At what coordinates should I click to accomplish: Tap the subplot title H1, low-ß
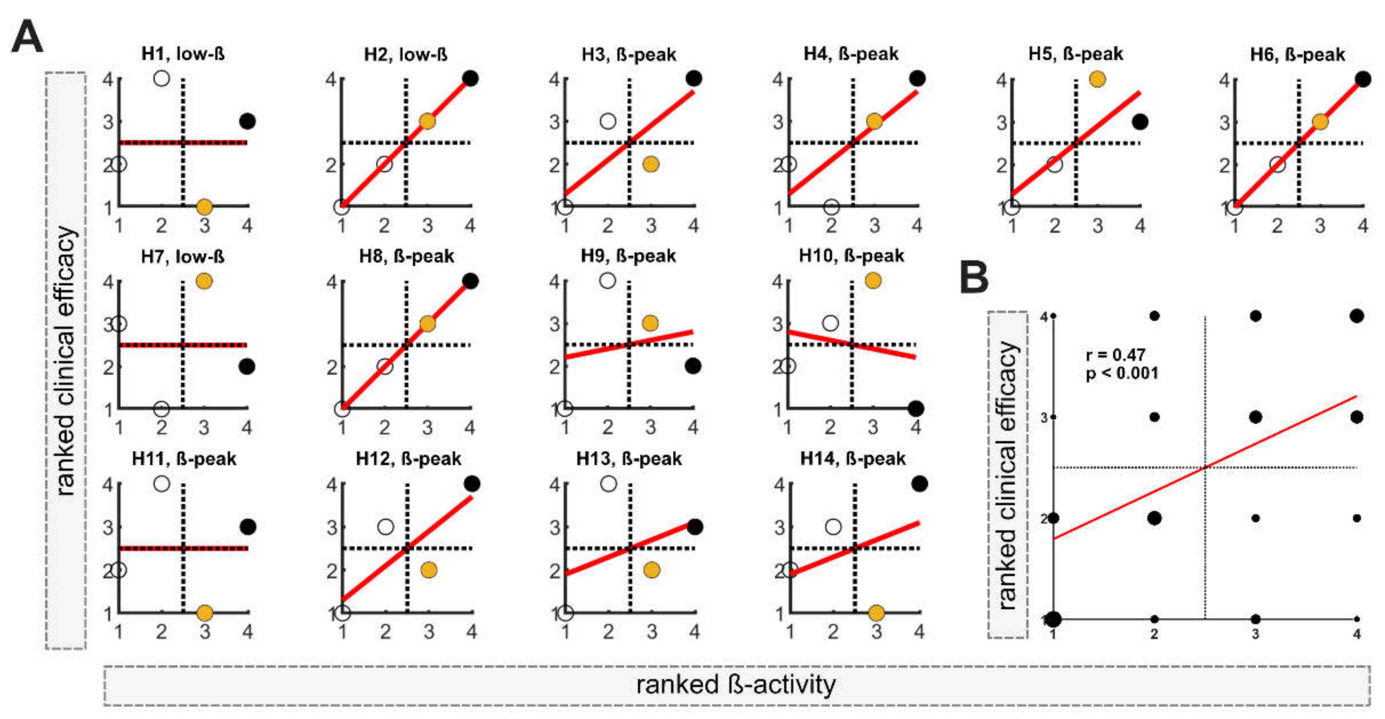pos(183,54)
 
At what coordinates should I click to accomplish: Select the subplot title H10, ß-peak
pos(851,256)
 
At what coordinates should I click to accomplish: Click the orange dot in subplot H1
pos(204,207)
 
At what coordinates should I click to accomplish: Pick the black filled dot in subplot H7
pos(247,367)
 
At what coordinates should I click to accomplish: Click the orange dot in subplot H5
pos(1097,79)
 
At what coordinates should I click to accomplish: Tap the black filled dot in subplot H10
pos(915,409)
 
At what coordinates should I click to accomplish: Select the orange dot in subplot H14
pos(876,612)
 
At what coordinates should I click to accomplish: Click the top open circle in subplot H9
pos(608,280)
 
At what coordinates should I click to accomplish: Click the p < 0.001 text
pos(1122,373)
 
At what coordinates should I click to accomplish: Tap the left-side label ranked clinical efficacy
pos(66,360)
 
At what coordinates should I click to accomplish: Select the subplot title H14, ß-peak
pos(853,459)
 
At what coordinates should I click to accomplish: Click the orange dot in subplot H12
pos(429,570)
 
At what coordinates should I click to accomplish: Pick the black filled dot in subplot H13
pos(695,527)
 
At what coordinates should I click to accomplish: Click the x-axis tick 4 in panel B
pos(1356,634)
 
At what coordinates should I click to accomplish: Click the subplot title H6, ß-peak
pos(1297,54)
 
